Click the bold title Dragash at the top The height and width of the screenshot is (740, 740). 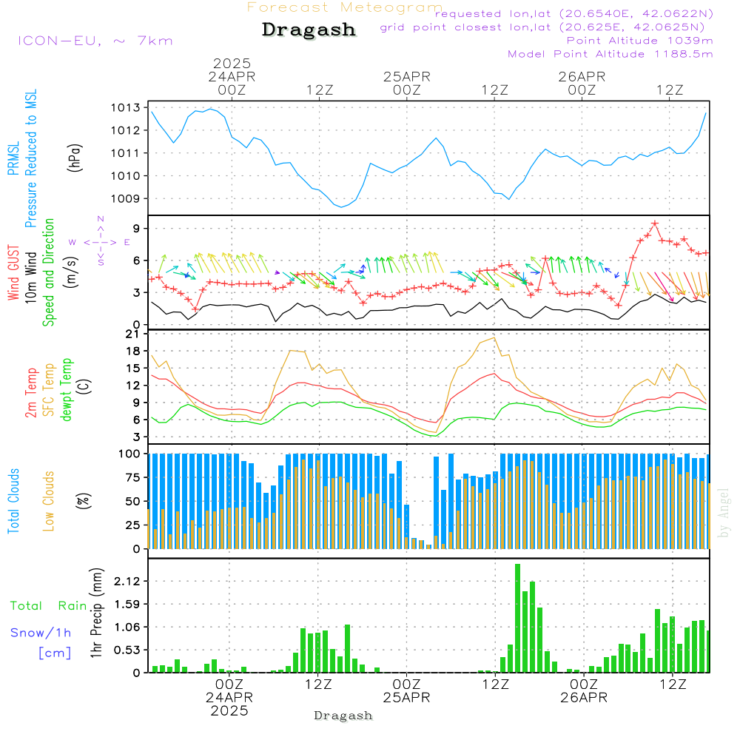coord(309,30)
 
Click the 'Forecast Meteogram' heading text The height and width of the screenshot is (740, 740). coord(345,7)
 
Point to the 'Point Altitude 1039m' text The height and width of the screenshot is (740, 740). coord(639,41)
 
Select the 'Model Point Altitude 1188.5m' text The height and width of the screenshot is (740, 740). coord(610,54)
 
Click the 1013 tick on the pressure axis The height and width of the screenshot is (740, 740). coord(125,108)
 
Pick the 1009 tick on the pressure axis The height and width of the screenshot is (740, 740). coord(125,198)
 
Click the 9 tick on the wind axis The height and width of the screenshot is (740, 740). coord(137,228)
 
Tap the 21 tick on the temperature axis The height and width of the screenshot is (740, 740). coord(133,334)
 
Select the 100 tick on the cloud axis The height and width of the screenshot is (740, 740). coord(130,454)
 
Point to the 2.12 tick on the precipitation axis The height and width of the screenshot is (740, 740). coord(127,582)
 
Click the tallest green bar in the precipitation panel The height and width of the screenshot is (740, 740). coord(518,618)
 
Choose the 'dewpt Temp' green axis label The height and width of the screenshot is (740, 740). coord(67,390)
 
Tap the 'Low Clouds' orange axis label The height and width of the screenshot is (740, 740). coord(49,501)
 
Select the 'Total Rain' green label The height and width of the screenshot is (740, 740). coord(49,606)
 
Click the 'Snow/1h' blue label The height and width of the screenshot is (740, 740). coord(41,633)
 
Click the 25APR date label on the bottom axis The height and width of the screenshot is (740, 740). coord(407,698)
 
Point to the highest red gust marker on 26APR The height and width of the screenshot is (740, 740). coord(655,223)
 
